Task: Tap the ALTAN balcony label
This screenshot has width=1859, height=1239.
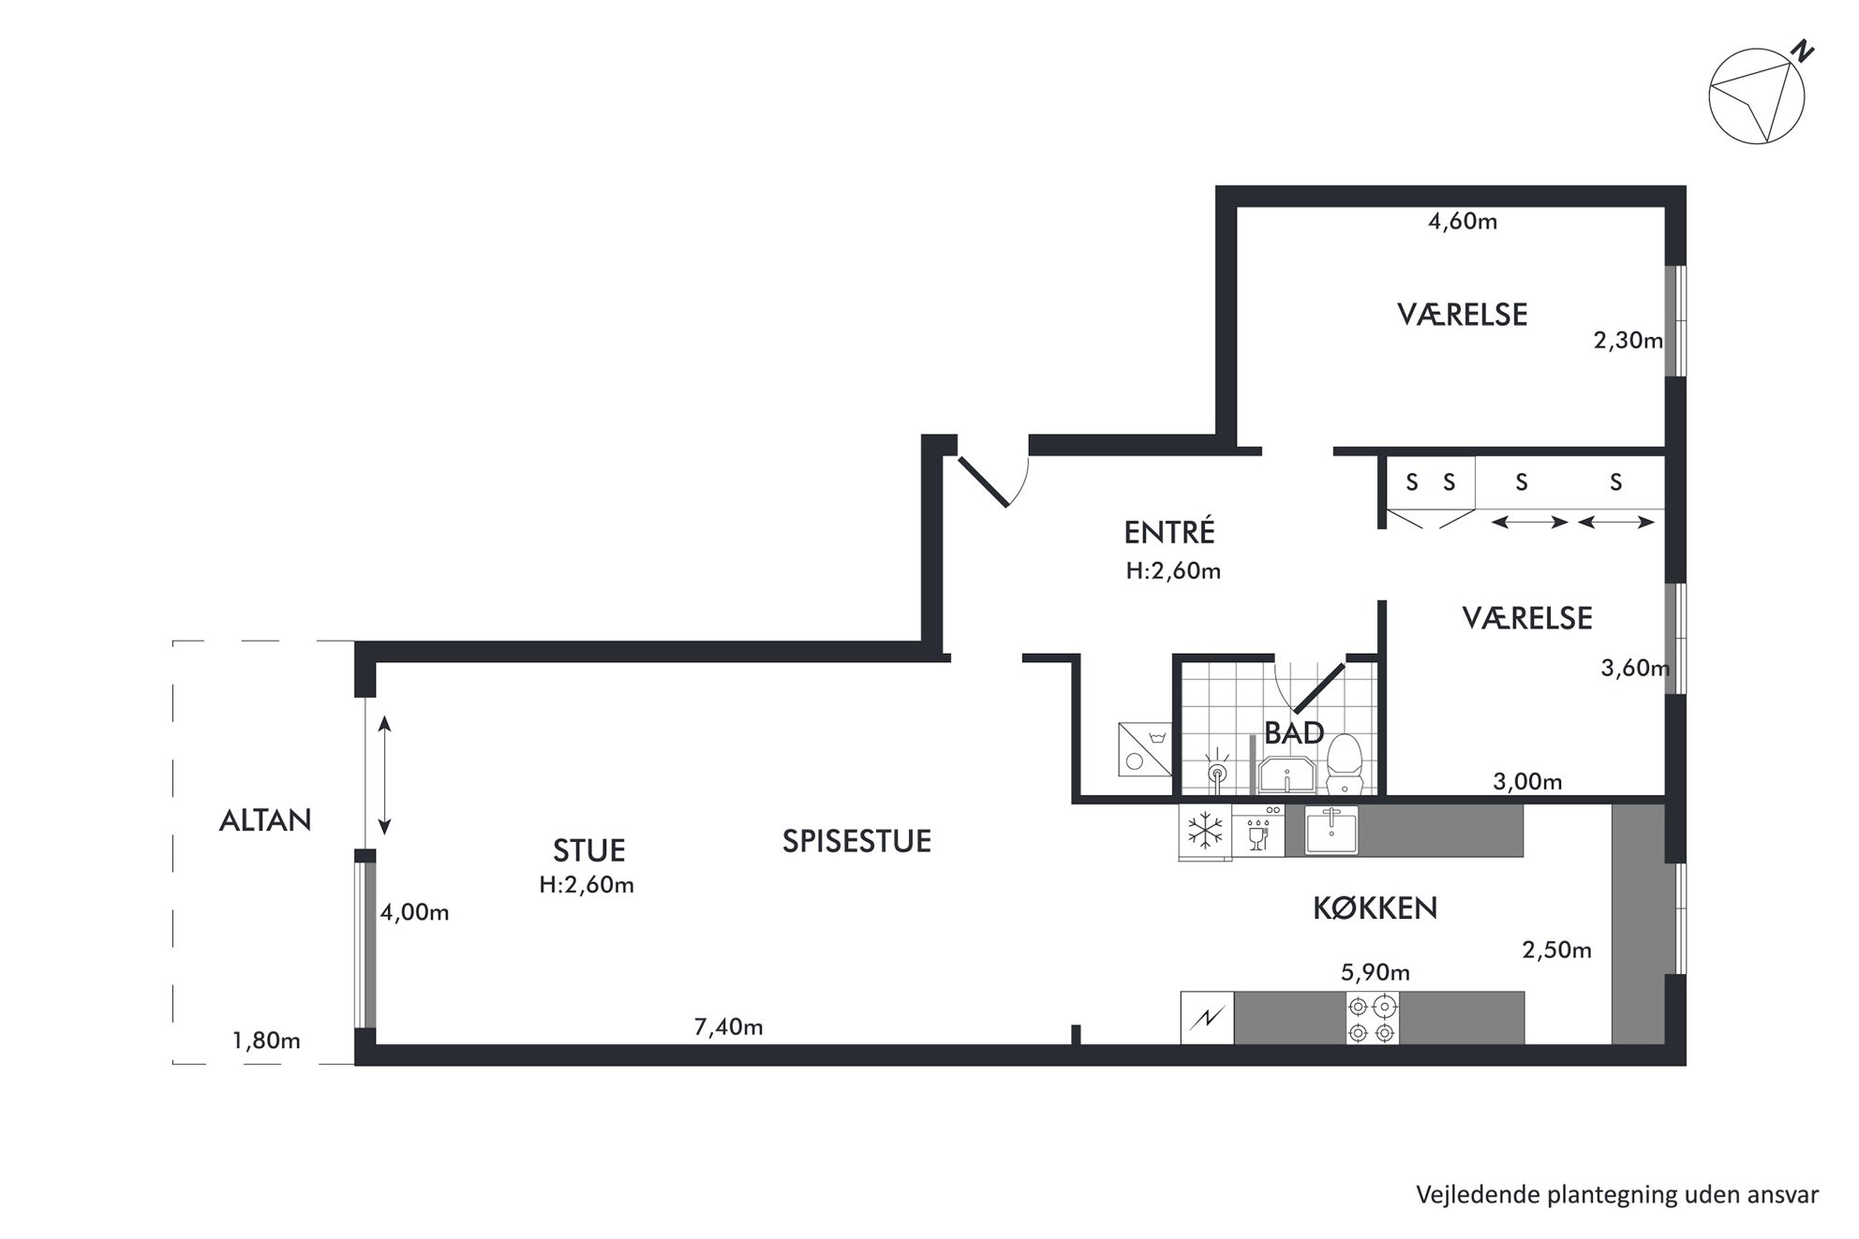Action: tap(265, 820)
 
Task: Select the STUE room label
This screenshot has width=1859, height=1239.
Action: tap(588, 850)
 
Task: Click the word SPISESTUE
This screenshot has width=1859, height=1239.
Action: tap(856, 841)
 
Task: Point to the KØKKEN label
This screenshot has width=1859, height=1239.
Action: tap(1375, 907)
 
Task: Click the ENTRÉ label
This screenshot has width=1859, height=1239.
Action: tap(1169, 532)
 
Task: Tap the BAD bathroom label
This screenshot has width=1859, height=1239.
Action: tap(1294, 732)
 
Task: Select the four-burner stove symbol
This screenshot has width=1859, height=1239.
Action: tap(1373, 1018)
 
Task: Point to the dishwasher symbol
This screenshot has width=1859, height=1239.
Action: tap(1258, 832)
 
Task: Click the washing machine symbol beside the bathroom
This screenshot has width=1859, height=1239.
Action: tap(1145, 749)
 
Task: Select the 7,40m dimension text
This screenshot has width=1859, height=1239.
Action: tap(728, 1027)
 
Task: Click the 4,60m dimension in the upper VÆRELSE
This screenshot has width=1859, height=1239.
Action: tap(1462, 222)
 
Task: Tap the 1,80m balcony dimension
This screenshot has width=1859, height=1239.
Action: tap(266, 1040)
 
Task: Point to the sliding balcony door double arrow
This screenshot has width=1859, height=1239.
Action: tap(384, 775)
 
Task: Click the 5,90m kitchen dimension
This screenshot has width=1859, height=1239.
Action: tap(1375, 973)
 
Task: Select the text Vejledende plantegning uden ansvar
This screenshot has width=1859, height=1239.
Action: tap(1617, 1195)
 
